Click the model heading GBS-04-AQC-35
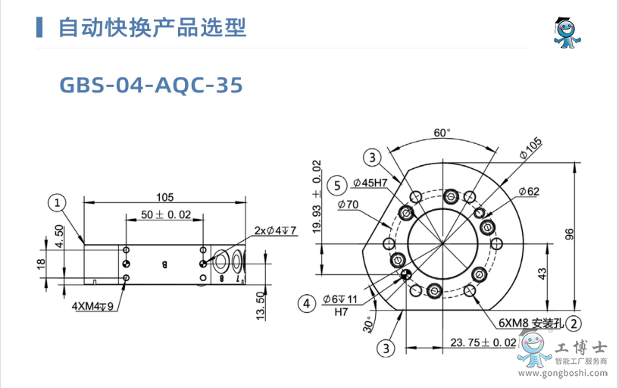[151, 85]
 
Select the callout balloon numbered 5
[336, 184]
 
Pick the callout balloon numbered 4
[306, 304]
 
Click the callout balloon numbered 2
[574, 324]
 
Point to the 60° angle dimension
[442, 133]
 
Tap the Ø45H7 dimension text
[370, 183]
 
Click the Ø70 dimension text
[349, 205]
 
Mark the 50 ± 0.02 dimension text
[166, 214]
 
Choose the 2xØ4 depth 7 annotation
[275, 230]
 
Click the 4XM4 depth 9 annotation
[92, 306]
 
